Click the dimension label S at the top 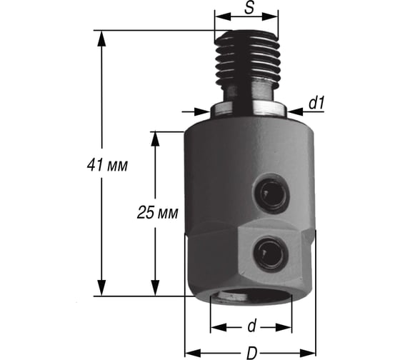click(249, 8)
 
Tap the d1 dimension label click(316, 103)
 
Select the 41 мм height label click(107, 165)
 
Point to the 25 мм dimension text click(157, 213)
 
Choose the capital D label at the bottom click(252, 353)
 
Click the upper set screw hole click(271, 194)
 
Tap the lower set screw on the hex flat click(271, 254)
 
